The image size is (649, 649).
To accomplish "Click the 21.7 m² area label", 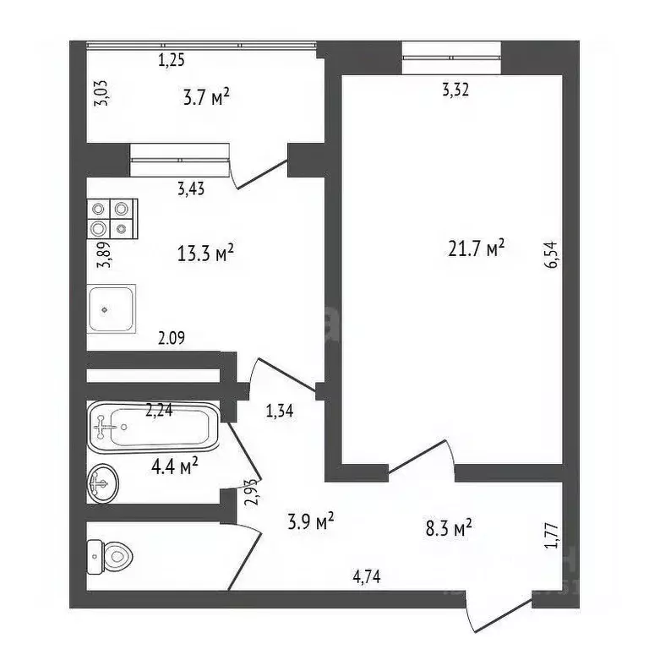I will click(x=476, y=248).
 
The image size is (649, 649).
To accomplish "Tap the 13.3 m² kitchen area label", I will click(x=205, y=254).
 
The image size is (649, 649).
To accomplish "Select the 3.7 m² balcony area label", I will click(x=206, y=99).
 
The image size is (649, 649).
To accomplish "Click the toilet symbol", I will click(x=112, y=554).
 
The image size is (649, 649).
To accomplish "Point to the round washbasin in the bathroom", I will click(x=102, y=484).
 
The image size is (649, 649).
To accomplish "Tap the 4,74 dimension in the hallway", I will click(x=367, y=578).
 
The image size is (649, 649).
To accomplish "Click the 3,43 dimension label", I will click(x=191, y=188).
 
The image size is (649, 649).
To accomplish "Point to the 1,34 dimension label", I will click(x=281, y=412).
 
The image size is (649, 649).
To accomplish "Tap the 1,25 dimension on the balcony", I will click(x=172, y=60).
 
